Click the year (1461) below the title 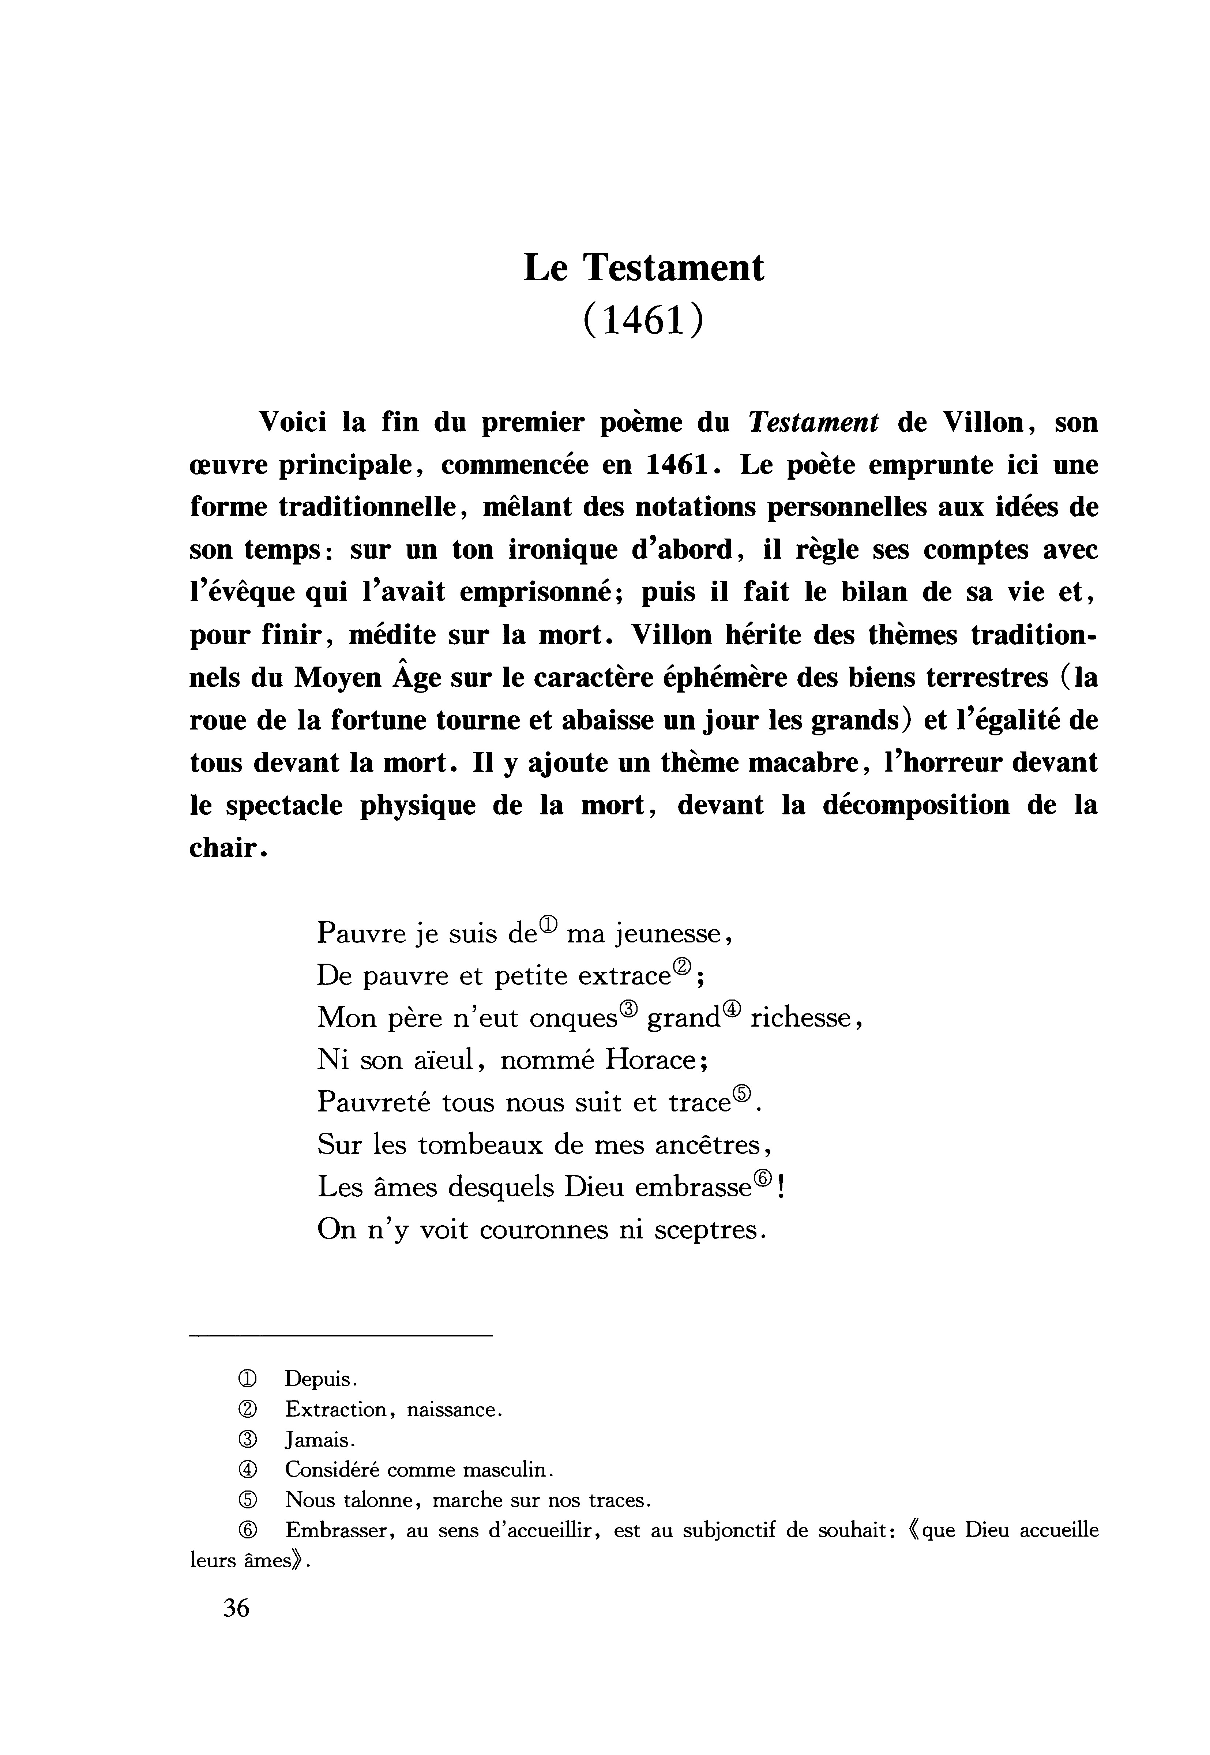(x=644, y=320)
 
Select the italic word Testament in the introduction (x=813, y=422)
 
